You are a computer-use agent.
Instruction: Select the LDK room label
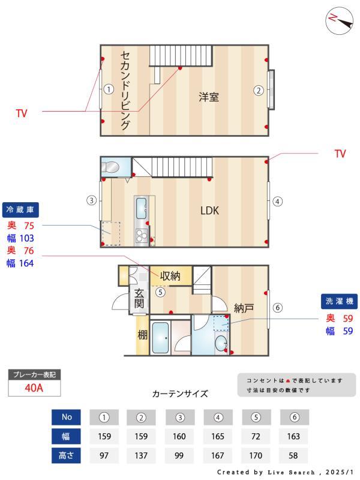coord(209,211)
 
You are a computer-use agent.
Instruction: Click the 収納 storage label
coord(170,276)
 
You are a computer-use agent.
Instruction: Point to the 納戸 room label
coord(244,308)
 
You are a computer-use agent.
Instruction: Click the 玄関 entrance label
coord(139,298)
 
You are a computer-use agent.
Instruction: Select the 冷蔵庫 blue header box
coord(22,209)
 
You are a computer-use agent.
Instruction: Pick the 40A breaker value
coord(34,388)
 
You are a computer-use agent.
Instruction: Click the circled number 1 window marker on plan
coord(108,90)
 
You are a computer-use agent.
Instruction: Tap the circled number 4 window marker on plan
coord(277,202)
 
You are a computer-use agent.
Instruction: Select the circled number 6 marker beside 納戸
coord(277,308)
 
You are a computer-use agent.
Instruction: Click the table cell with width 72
coord(257,436)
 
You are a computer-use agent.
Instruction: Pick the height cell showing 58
coord(294,455)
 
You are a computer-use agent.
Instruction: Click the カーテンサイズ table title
coord(180,394)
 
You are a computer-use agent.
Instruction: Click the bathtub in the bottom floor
coord(160,338)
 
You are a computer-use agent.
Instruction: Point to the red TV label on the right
coord(340,154)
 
